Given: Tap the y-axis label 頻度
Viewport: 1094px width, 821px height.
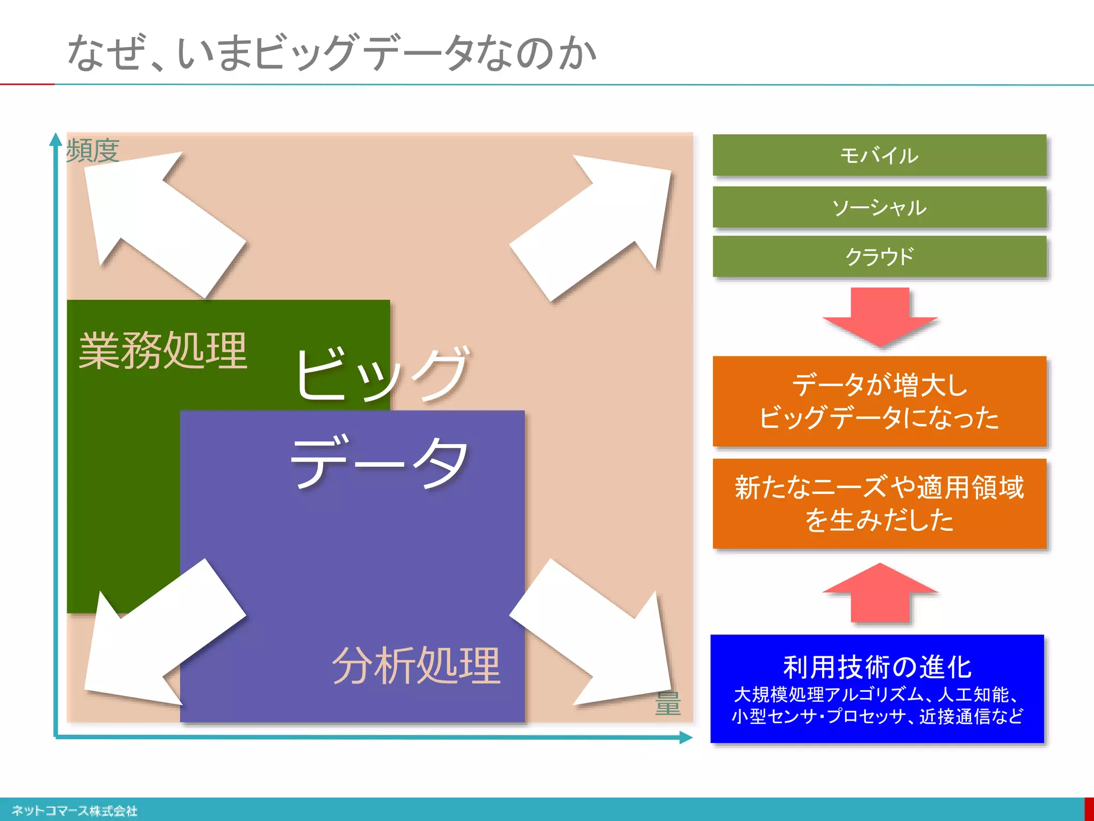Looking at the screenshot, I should click(92, 150).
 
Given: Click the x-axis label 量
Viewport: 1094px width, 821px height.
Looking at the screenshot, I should click(668, 703).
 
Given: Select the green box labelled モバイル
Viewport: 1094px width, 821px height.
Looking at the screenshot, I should click(879, 155).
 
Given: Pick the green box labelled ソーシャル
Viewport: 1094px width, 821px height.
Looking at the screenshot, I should click(879, 207).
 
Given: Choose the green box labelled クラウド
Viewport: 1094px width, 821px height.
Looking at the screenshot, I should click(879, 257).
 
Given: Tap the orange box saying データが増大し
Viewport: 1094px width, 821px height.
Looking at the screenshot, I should click(879, 401).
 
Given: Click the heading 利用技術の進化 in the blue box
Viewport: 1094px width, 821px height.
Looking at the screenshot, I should click(877, 667).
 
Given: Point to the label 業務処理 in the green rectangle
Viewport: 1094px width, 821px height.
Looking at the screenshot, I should click(163, 350).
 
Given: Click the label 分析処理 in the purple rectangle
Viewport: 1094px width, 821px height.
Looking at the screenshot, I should click(416, 665).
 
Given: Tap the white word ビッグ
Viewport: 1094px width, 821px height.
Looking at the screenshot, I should click(382, 374).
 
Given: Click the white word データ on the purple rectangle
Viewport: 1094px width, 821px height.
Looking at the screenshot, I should click(379, 462).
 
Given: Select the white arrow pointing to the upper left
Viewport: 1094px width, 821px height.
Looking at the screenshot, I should click(160, 219).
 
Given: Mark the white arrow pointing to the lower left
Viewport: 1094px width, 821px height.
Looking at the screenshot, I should click(160, 636).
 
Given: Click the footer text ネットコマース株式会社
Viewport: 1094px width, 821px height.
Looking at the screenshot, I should click(75, 811).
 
